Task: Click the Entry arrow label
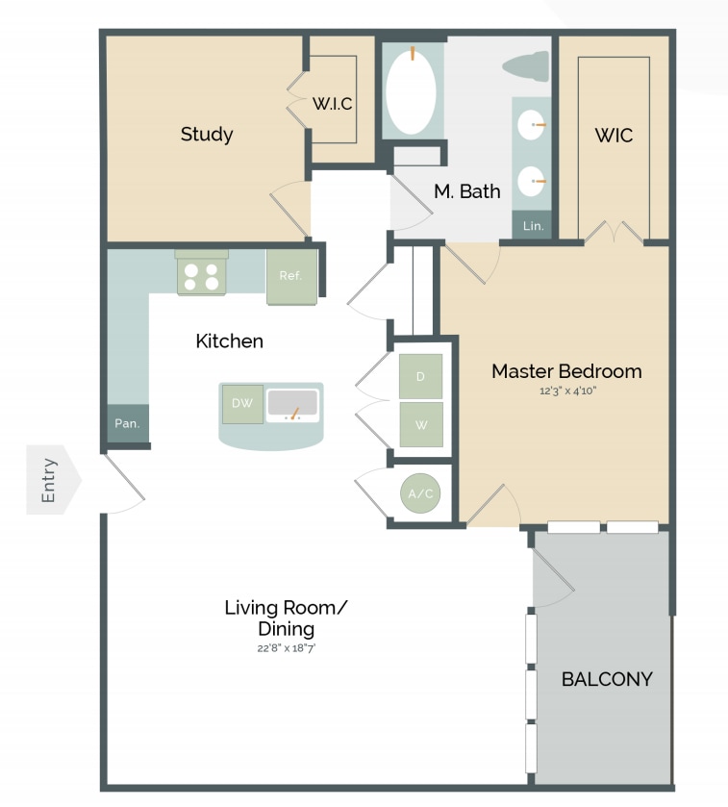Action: pos(51,480)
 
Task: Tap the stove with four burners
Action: pos(202,276)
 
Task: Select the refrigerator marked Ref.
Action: pos(291,276)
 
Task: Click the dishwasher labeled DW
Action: pos(242,404)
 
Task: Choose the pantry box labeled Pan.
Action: pos(128,423)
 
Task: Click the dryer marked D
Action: pos(420,376)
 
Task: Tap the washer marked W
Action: pos(420,424)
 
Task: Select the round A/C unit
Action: pos(420,494)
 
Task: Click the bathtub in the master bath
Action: pos(411,91)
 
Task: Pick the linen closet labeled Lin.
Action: pos(533,226)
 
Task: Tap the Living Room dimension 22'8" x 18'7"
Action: pos(286,648)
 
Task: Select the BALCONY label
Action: pos(607,679)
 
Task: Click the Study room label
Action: pos(207,134)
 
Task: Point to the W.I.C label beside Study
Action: pos(333,104)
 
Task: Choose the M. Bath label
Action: pos(466,191)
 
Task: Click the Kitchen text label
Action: pos(229,340)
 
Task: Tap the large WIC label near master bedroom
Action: pos(614,136)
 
